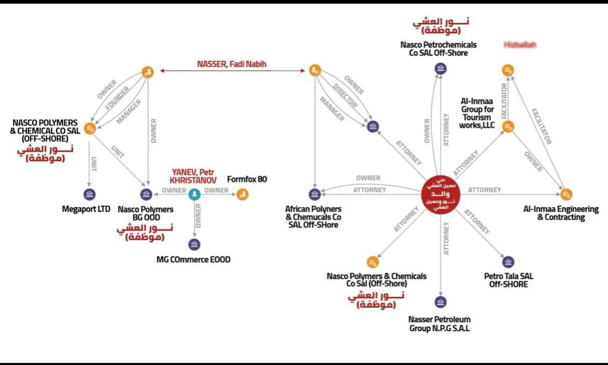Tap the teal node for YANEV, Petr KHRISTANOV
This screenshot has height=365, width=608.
[194, 194]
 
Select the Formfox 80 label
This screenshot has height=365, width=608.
[247, 179]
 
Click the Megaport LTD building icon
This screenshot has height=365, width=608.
[89, 194]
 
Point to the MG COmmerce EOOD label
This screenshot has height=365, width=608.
[193, 259]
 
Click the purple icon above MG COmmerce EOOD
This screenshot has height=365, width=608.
[194, 244]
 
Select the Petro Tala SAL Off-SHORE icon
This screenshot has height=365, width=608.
[508, 262]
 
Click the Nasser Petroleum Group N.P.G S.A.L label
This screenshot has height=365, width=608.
[440, 323]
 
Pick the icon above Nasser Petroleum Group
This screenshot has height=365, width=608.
[441, 302]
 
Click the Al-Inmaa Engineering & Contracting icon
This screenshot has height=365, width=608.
[566, 194]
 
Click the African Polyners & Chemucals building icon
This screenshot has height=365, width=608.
[314, 194]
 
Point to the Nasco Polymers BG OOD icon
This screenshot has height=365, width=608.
[146, 194]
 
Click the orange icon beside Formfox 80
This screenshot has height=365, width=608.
[242, 194]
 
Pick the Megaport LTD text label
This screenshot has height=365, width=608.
[87, 209]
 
